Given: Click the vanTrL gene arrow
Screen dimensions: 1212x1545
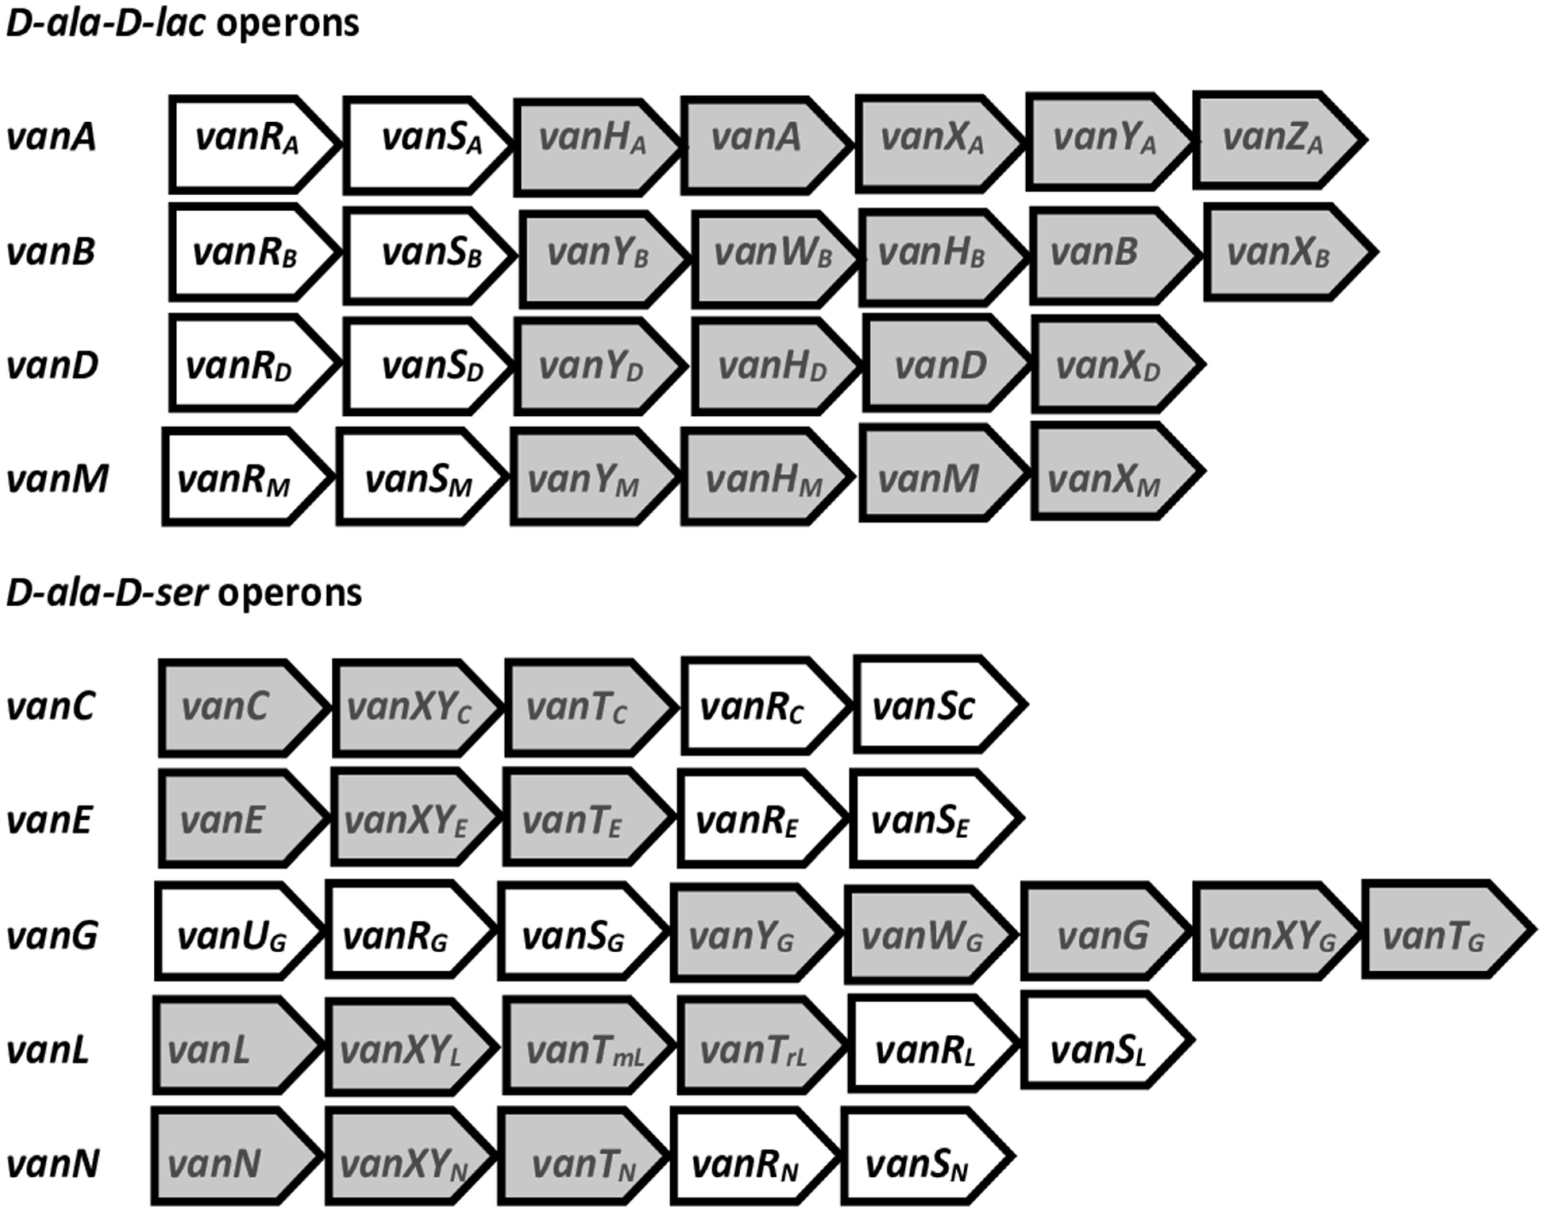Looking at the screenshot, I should pyautogui.click(x=756, y=1047).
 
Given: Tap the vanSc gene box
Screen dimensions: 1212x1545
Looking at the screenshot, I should pyautogui.click(x=933, y=704).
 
